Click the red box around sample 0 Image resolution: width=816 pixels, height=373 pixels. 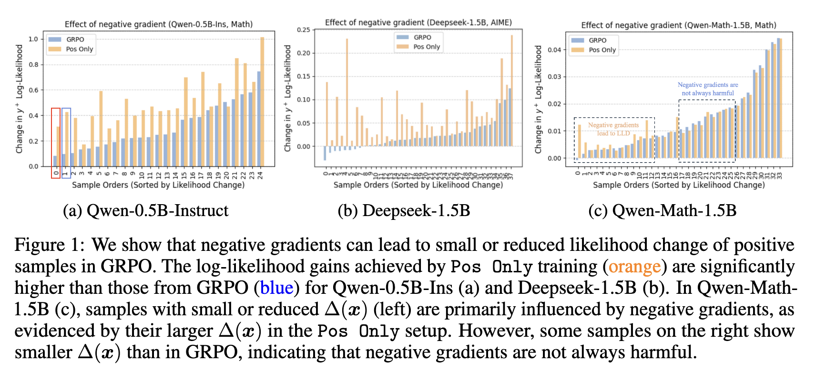pos(56,143)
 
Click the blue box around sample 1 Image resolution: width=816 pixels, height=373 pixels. pos(66,143)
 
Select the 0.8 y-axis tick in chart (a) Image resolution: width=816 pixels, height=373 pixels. pos(33,64)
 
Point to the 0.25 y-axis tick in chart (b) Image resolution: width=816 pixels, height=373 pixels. pos(303,30)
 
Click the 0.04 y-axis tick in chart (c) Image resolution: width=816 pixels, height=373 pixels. pos(554,50)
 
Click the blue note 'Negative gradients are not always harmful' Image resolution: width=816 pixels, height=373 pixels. pos(708,89)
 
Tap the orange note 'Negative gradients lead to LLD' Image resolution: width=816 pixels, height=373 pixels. pos(613,129)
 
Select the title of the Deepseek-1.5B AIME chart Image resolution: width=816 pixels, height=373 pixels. pos(418,22)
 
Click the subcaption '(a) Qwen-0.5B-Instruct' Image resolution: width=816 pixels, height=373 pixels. pos(145,210)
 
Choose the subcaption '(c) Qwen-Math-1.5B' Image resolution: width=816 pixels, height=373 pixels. pos(662,210)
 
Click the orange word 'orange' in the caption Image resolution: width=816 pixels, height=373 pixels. pos(634,266)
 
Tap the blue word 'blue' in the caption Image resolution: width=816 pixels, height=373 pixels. pos(276,288)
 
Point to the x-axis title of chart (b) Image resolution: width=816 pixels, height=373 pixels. pos(418,185)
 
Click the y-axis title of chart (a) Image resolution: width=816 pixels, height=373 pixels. pos(20,99)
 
